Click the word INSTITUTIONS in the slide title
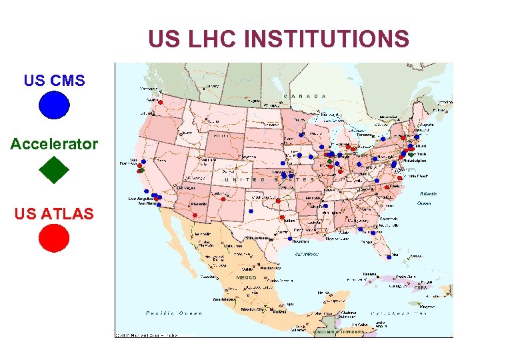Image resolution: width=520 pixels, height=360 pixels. [x=327, y=39]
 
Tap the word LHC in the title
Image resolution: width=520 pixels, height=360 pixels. [x=211, y=39]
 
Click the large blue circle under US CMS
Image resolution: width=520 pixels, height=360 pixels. [x=54, y=105]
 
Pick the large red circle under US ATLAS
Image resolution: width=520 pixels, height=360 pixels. [x=54, y=237]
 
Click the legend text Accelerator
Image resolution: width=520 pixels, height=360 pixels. [x=54, y=144]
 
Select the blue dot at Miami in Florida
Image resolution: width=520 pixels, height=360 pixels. [x=389, y=256]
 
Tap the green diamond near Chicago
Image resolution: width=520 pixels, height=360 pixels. [x=329, y=161]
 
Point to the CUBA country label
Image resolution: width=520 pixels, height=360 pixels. [x=421, y=287]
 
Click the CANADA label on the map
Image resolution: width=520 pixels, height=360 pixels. [x=305, y=97]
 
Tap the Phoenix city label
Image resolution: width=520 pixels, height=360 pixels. [x=200, y=205]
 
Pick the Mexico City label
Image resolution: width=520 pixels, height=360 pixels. [x=253, y=309]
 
